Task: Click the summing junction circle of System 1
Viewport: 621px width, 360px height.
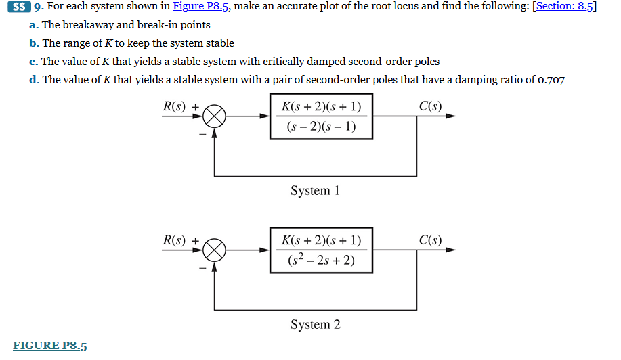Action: point(215,116)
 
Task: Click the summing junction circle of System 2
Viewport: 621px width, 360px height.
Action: point(215,250)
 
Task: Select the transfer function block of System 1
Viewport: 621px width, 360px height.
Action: point(321,116)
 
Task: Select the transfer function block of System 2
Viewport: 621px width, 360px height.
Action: point(321,250)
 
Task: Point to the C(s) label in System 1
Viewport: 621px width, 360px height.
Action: point(430,106)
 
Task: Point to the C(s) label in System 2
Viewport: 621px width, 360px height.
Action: point(430,240)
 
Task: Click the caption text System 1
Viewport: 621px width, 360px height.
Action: point(315,191)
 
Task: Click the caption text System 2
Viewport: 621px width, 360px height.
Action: point(315,325)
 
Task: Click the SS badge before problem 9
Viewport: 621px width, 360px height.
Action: point(21,7)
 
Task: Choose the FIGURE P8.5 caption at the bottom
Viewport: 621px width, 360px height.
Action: point(50,346)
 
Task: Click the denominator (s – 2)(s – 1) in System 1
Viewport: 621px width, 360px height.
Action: point(321,127)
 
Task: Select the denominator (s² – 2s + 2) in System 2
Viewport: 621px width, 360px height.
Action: point(321,261)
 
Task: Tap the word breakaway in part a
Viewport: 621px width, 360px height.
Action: point(90,25)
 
